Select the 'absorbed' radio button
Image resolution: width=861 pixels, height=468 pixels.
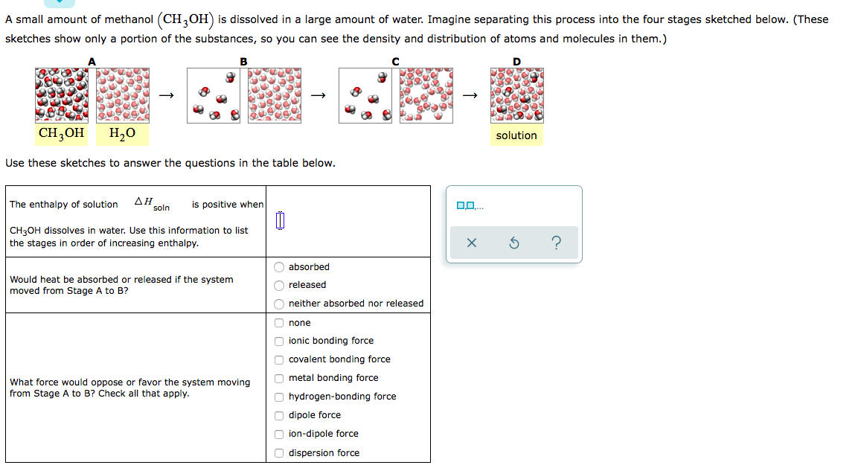pos(279,267)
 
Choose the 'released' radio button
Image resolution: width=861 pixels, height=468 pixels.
pos(279,285)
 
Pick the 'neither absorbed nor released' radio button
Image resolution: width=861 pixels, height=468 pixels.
pos(279,304)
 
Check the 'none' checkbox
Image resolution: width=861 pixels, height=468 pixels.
pos(279,323)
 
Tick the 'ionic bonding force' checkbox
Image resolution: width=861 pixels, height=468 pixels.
pos(279,341)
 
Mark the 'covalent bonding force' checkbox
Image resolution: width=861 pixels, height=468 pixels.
pos(279,359)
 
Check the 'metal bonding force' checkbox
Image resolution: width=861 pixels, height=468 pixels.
pos(279,378)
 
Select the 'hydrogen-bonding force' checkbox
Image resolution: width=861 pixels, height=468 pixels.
pos(279,397)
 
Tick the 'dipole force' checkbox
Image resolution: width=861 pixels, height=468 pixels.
pos(279,415)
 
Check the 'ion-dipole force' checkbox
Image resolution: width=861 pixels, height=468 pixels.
pos(279,434)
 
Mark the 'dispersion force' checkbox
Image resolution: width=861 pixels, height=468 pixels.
pos(279,453)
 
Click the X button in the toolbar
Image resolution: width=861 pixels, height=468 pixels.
pos(470,243)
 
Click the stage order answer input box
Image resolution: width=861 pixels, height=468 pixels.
pos(280,221)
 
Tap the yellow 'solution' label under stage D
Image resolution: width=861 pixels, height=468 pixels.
pos(516,135)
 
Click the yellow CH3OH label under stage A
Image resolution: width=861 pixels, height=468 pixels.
pos(61,134)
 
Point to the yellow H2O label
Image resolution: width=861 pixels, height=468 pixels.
pos(122,134)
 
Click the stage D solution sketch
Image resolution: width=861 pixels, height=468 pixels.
pos(516,95)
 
